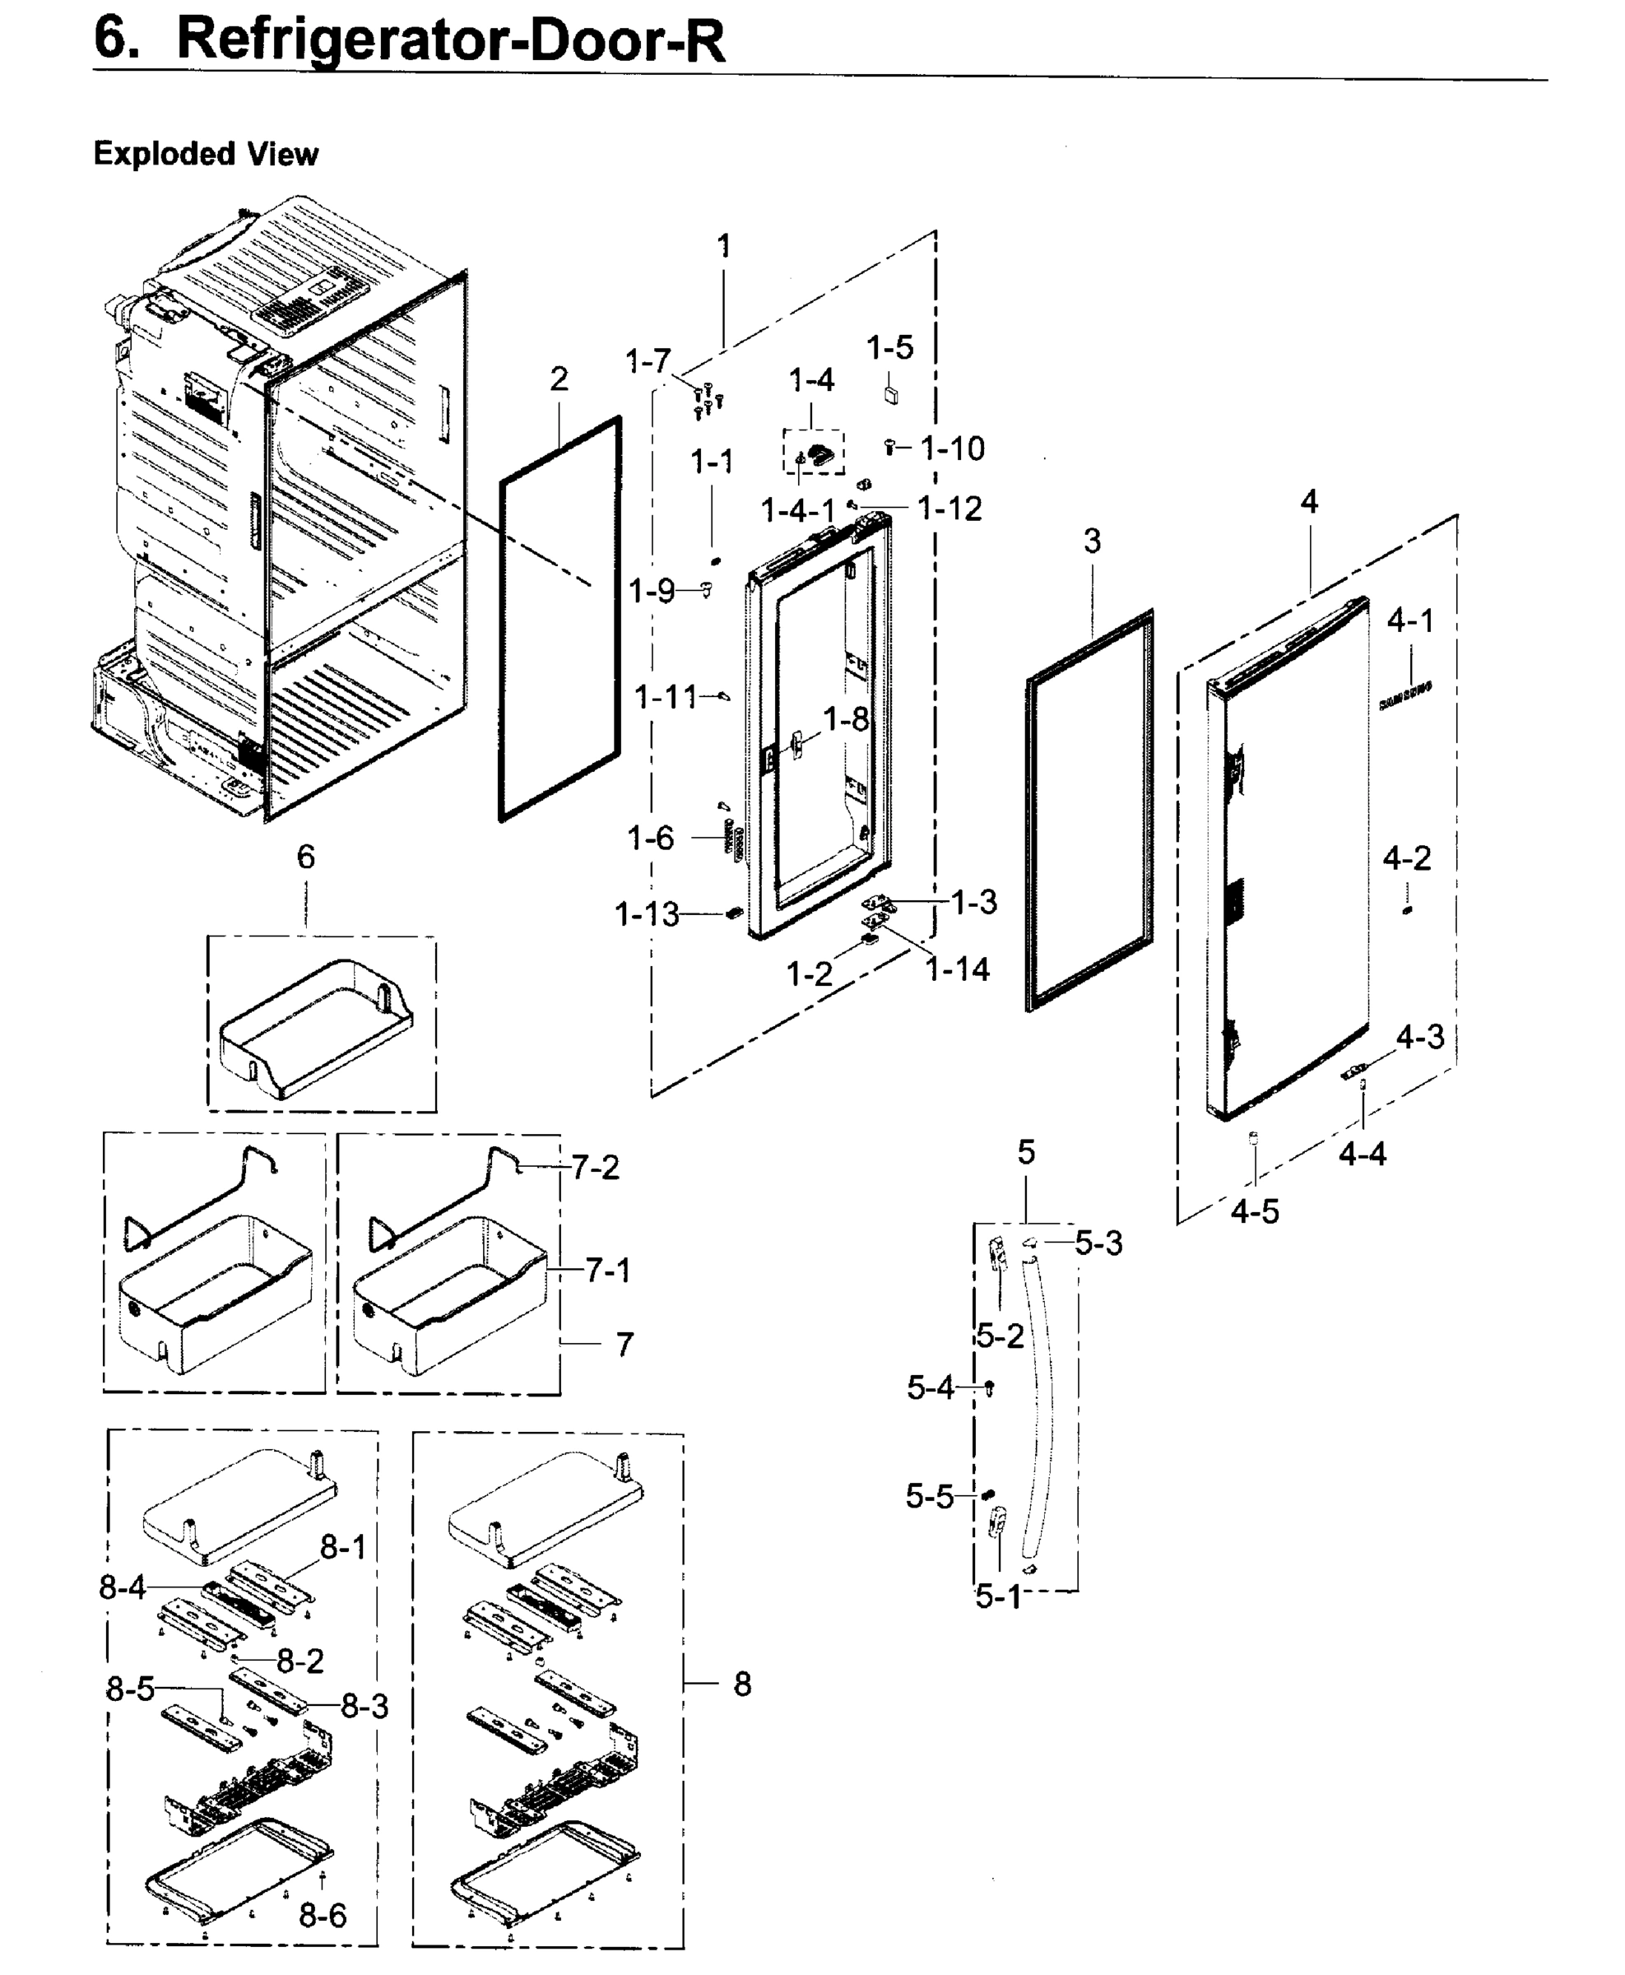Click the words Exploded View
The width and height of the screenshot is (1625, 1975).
click(206, 154)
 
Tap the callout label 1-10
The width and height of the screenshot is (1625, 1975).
click(952, 448)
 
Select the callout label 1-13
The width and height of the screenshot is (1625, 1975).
click(646, 913)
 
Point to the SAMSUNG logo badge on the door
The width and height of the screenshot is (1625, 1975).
click(1405, 697)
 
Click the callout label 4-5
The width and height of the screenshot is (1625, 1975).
click(1254, 1211)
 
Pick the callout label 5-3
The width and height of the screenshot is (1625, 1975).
click(1098, 1243)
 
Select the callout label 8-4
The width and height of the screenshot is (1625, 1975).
click(123, 1587)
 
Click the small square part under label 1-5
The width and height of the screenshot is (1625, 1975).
click(891, 393)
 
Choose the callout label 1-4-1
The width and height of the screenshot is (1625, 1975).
click(797, 511)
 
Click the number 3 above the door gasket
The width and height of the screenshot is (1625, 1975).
click(1093, 541)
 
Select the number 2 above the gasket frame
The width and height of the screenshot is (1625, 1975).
click(559, 379)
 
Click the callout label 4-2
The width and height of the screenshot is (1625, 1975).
click(1407, 857)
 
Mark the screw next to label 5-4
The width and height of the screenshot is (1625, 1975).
click(990, 1387)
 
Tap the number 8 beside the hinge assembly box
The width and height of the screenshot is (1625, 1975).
click(742, 1684)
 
